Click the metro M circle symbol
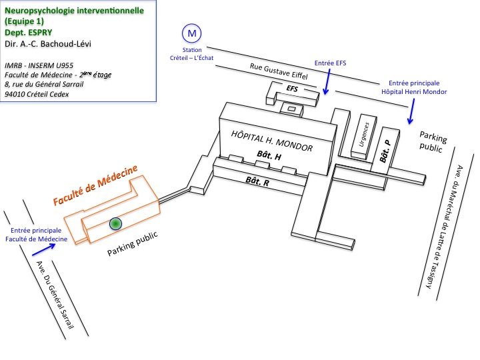click(x=192, y=33)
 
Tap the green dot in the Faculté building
click(x=116, y=224)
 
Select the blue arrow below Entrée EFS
click(x=326, y=83)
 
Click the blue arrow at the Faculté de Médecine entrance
click(x=42, y=249)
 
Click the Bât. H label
click(x=269, y=155)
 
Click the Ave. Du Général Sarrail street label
click(x=60, y=296)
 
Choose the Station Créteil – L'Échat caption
click(x=192, y=55)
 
